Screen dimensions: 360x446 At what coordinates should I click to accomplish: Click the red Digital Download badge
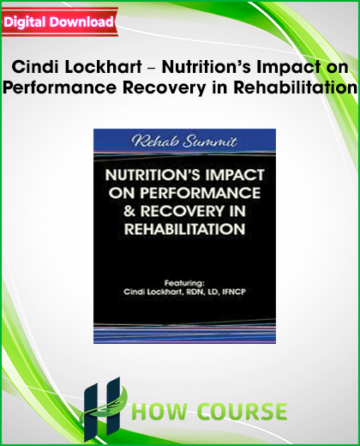coord(59,22)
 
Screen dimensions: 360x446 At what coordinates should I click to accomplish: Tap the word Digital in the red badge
coord(25,22)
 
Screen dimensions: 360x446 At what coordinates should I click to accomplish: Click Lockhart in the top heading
coord(103,67)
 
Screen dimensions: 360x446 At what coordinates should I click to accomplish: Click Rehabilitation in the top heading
coord(295,87)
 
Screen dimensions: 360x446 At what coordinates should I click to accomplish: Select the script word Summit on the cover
coord(210,142)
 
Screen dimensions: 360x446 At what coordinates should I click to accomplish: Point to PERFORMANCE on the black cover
coord(200,193)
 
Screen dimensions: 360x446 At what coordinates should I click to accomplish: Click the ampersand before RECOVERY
coord(129,211)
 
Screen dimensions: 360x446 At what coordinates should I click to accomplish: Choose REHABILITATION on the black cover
coord(185,229)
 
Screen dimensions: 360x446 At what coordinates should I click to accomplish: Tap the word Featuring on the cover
coord(184,283)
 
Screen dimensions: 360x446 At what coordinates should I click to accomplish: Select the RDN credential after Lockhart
coord(195,292)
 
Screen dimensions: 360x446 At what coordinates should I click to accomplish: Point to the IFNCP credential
coord(234,292)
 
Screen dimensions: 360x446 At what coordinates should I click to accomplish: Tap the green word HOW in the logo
coord(159,412)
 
